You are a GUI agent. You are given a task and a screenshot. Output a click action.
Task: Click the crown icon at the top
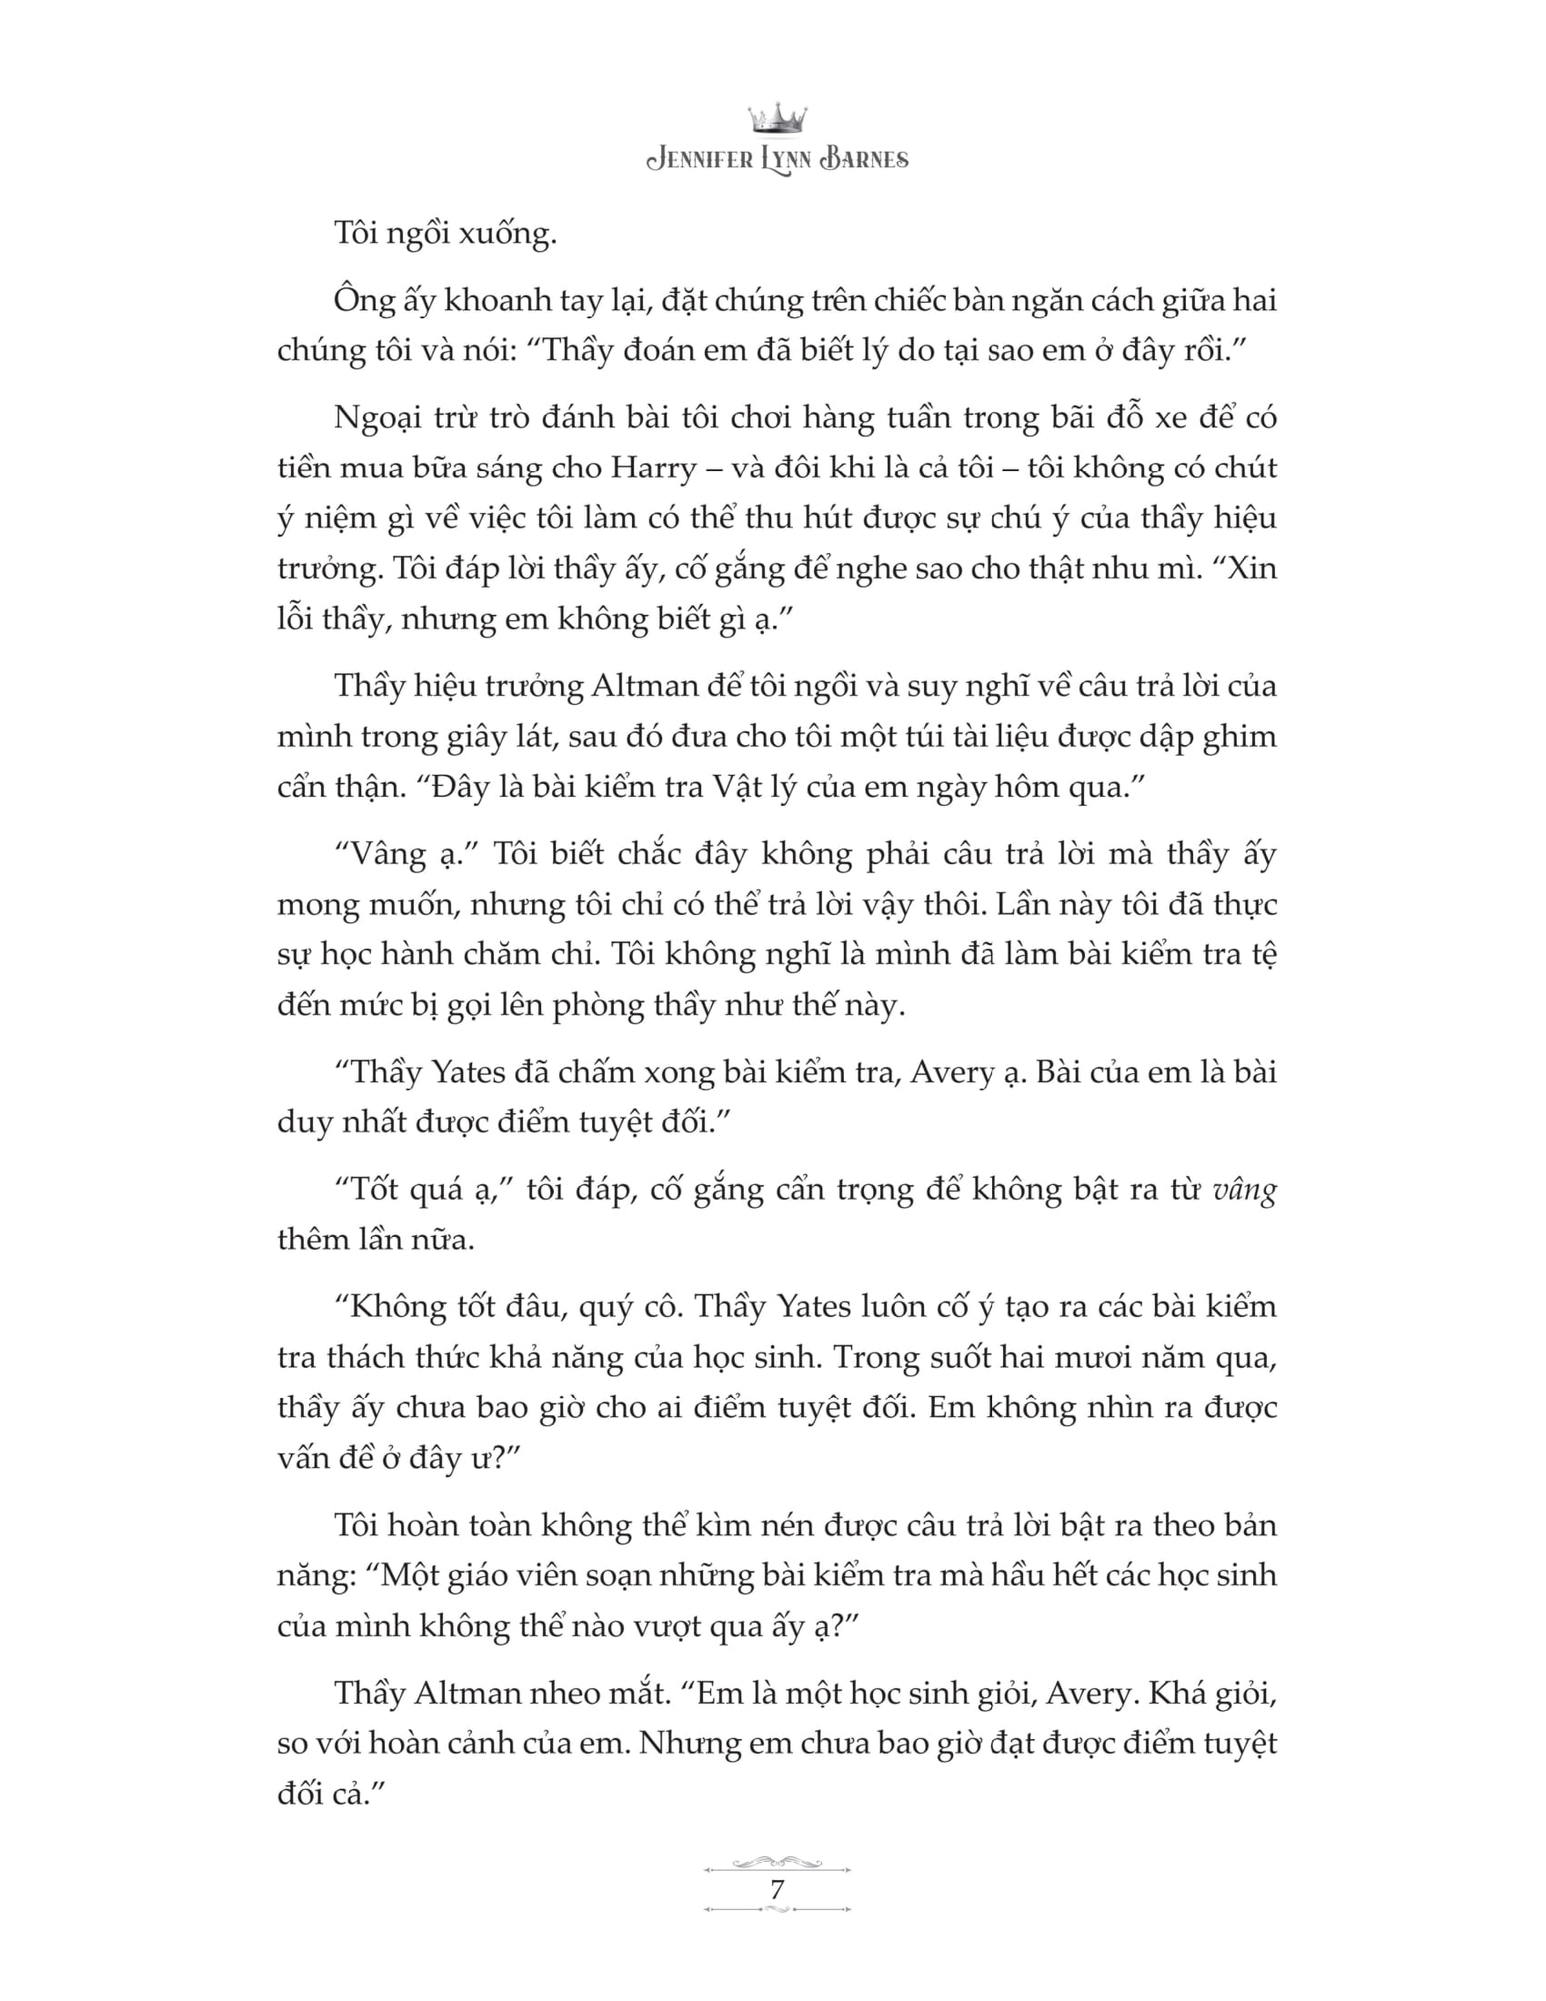pos(777,118)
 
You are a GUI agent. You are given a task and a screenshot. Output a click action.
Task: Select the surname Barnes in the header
pos(864,160)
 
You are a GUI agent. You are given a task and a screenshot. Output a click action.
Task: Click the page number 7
pos(777,1889)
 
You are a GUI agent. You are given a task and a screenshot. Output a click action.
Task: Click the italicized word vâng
pos(1244,1191)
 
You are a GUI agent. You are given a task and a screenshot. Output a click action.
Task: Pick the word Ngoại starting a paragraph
pos(378,417)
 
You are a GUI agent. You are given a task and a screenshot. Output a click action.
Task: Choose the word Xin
pos(1251,569)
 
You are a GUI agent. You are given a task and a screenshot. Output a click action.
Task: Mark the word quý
pos(607,1306)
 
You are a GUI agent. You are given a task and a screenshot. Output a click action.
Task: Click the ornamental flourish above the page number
pos(777,1862)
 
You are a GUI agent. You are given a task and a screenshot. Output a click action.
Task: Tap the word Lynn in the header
pos(778,160)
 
